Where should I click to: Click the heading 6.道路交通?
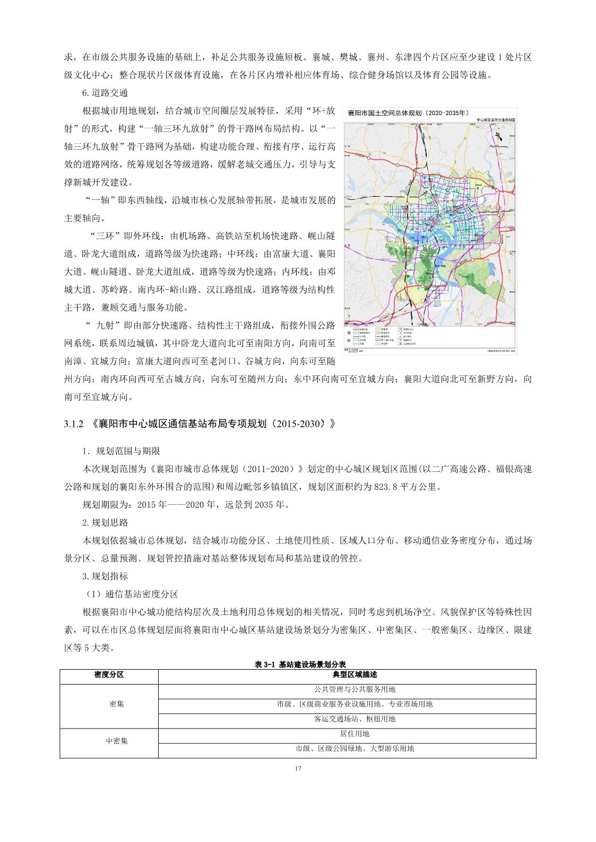tap(105, 93)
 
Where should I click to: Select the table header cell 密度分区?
tap(109, 674)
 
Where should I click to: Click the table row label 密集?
tap(116, 704)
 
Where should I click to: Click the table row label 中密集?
tap(116, 741)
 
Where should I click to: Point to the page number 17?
tap(298, 769)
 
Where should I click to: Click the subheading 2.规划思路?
tap(105, 522)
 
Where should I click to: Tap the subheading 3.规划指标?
tap(105, 576)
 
